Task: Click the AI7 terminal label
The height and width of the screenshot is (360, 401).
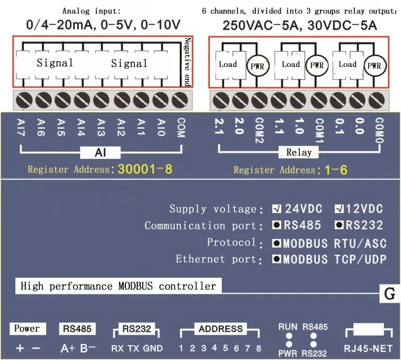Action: point(21,127)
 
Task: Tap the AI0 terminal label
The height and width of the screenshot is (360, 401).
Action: point(161,127)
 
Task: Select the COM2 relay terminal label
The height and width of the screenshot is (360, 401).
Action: point(259,130)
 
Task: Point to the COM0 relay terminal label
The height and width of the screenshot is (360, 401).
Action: point(379,131)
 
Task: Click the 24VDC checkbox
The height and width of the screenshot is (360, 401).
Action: point(276,209)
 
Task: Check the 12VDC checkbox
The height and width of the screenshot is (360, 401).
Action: point(339,209)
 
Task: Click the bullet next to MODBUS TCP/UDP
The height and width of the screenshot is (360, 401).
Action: point(276,259)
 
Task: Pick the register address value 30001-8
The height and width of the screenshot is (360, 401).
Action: point(145,169)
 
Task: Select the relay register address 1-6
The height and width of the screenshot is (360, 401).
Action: point(336,170)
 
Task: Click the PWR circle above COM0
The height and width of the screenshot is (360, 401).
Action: point(374,65)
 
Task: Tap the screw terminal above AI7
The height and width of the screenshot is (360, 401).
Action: point(24,100)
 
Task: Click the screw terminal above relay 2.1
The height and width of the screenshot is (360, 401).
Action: point(221,100)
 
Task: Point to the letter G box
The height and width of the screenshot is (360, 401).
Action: point(390,294)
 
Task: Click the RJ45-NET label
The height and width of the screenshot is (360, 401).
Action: point(368,348)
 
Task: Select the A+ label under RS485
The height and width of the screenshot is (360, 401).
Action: point(67,349)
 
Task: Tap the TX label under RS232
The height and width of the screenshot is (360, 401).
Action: point(133,348)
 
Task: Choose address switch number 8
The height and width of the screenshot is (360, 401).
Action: point(259,348)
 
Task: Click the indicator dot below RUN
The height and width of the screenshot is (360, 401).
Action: point(289,336)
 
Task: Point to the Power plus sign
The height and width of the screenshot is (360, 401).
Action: point(20,348)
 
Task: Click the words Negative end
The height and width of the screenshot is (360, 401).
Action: point(188,62)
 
